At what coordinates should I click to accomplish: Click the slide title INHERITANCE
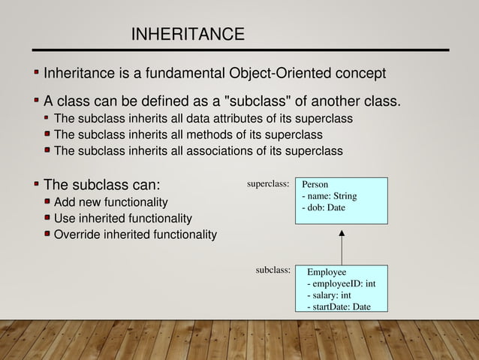[x=188, y=35]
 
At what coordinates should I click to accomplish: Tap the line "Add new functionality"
[x=111, y=202]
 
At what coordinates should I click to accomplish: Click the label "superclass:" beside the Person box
[x=268, y=183]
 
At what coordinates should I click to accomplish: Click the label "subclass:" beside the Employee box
[x=273, y=269]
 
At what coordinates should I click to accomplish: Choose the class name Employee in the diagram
[x=327, y=272]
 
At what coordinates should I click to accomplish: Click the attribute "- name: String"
[x=329, y=196]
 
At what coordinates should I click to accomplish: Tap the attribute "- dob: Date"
[x=323, y=207]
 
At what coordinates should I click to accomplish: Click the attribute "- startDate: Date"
[x=339, y=306]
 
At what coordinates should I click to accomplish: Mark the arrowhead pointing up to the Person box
[x=342, y=229]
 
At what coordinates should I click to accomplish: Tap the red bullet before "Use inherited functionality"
[x=47, y=219]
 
